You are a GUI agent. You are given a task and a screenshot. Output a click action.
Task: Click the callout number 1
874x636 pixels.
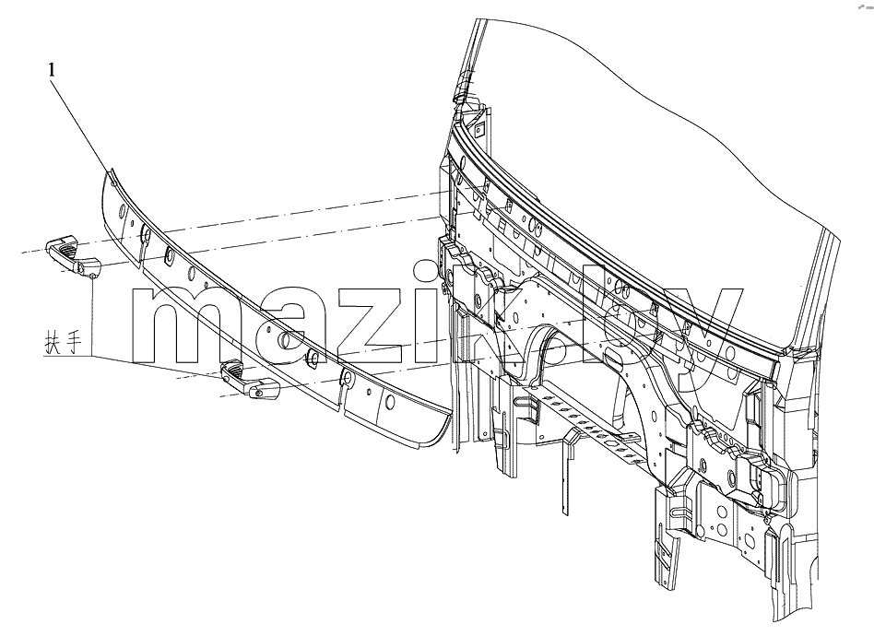click(x=52, y=70)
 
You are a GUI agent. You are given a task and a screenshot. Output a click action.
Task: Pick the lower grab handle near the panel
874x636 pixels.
click(x=250, y=379)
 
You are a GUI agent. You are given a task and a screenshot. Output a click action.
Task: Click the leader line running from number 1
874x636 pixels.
click(x=81, y=124)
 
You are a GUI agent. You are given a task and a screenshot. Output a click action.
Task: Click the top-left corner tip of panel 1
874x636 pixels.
click(x=108, y=169)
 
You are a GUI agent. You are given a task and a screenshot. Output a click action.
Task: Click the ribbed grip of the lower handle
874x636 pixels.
click(x=233, y=368)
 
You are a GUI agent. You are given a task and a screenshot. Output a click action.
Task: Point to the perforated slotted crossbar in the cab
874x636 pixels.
click(x=580, y=419)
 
